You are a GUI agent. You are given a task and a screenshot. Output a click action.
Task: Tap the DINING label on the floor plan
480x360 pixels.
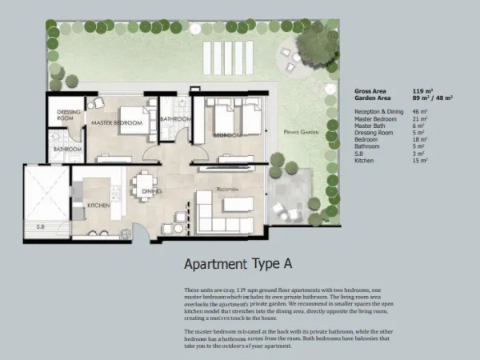[x=152, y=192]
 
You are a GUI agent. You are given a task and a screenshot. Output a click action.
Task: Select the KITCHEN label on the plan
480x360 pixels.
[x=98, y=206]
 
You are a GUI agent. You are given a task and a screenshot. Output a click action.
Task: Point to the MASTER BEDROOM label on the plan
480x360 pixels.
[x=117, y=122]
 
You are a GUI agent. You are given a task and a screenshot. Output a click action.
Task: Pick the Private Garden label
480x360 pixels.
[x=302, y=131]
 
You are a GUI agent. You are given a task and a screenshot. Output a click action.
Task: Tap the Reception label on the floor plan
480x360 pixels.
[x=228, y=190]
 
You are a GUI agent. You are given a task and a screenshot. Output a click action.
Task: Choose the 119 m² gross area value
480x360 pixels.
[x=422, y=91]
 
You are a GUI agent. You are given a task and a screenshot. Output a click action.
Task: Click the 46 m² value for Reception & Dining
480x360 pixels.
[x=420, y=111]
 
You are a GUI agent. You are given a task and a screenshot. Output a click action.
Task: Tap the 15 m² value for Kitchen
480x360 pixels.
[x=420, y=161]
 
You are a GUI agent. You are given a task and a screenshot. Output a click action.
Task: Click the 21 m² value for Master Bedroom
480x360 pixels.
[x=420, y=118]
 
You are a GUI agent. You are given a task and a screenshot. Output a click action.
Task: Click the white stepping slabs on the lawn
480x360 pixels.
[x=227, y=56]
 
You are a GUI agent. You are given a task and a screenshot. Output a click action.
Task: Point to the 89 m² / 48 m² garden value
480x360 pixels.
[x=432, y=98]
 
